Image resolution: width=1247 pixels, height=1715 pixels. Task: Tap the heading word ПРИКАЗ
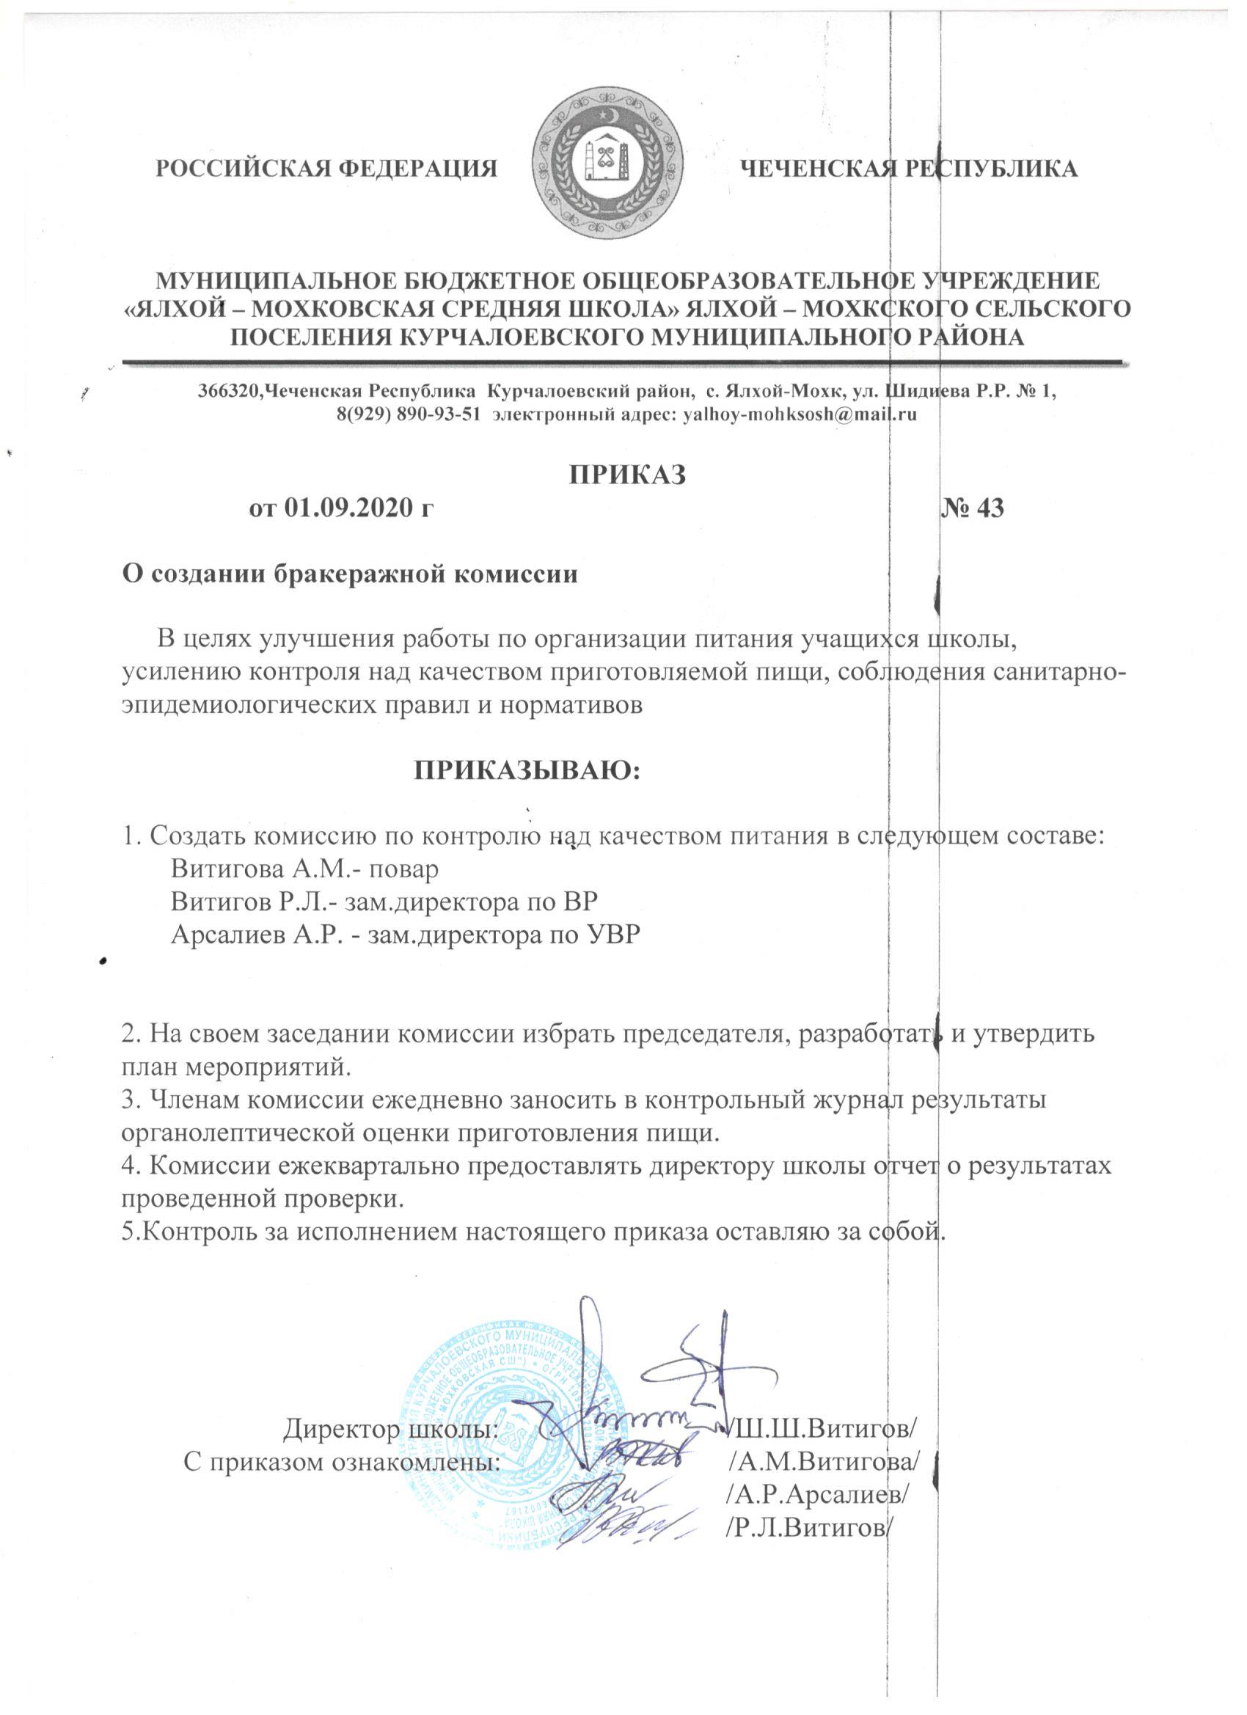627,474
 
